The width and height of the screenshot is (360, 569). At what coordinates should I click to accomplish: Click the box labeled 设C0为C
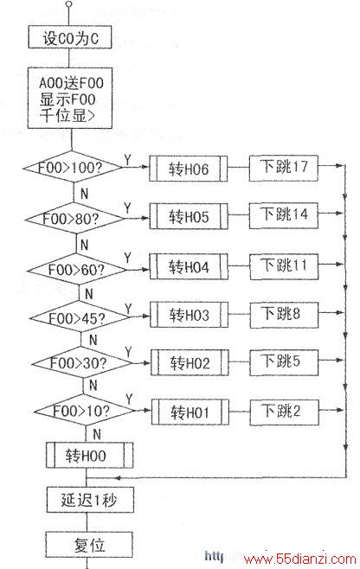point(70,38)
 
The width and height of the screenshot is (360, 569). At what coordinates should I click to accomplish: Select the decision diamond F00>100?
point(73,168)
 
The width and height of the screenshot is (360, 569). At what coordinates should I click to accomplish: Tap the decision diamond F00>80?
point(74,219)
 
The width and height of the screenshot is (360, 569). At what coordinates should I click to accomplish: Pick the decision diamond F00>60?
point(77,270)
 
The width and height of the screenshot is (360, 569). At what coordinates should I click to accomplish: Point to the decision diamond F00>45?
point(80,317)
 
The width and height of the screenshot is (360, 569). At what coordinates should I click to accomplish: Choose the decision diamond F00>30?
point(81,363)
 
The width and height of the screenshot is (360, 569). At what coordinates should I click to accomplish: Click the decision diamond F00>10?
point(84,411)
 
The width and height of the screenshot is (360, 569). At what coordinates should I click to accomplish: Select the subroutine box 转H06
point(189,169)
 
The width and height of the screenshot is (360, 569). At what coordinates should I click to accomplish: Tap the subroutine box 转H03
point(190,315)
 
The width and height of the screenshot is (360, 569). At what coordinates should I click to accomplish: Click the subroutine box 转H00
point(89,455)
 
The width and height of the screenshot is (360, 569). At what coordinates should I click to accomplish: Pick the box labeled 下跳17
point(283,168)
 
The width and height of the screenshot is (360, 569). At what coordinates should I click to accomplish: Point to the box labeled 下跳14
point(284,215)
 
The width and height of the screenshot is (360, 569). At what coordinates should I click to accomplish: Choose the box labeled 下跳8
point(284,315)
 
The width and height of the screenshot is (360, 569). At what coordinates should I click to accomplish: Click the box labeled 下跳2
point(284,412)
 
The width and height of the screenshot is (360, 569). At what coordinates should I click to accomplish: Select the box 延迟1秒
point(90,500)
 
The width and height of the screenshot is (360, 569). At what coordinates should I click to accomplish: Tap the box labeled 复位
point(89,544)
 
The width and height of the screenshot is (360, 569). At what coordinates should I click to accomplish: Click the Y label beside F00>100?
point(128,160)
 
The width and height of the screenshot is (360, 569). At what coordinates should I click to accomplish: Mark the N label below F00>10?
point(97,434)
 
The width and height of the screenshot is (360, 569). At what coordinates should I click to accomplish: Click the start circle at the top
point(68,4)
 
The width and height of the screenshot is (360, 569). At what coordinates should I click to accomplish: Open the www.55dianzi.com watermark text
point(300,559)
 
